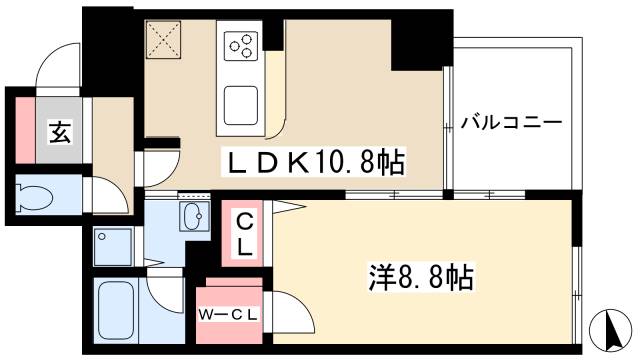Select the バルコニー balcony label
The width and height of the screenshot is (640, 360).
tap(511, 124)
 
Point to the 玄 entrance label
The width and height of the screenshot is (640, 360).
tap(59, 129)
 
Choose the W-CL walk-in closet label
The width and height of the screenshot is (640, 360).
tap(230, 316)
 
